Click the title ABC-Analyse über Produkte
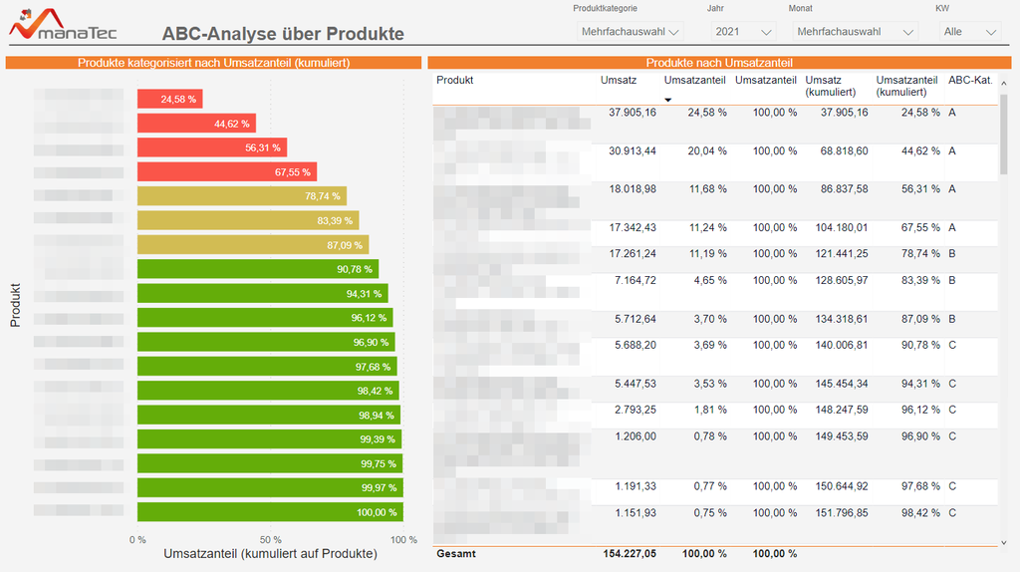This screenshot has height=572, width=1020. pyautogui.click(x=283, y=34)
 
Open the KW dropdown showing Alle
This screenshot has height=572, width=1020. pyautogui.click(x=970, y=32)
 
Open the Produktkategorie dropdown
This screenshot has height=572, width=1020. pyautogui.click(x=631, y=32)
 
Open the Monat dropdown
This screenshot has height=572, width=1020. pyautogui.click(x=855, y=32)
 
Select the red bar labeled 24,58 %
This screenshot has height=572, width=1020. pyautogui.click(x=169, y=99)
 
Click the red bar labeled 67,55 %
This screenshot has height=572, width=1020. pyautogui.click(x=226, y=171)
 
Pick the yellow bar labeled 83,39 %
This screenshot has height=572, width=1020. pyautogui.click(x=247, y=220)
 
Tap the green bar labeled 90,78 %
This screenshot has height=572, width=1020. pyautogui.click(x=257, y=269)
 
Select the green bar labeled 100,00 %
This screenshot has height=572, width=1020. pyautogui.click(x=270, y=512)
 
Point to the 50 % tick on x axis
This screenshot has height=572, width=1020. pyautogui.click(x=270, y=539)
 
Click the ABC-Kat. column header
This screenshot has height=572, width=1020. pyautogui.click(x=969, y=80)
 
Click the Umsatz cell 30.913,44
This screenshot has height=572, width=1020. pyautogui.click(x=632, y=151)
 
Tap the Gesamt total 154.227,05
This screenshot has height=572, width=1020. pyautogui.click(x=630, y=554)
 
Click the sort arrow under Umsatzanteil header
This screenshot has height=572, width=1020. pyautogui.click(x=668, y=100)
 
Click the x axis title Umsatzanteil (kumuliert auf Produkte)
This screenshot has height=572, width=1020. pyautogui.click(x=270, y=554)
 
